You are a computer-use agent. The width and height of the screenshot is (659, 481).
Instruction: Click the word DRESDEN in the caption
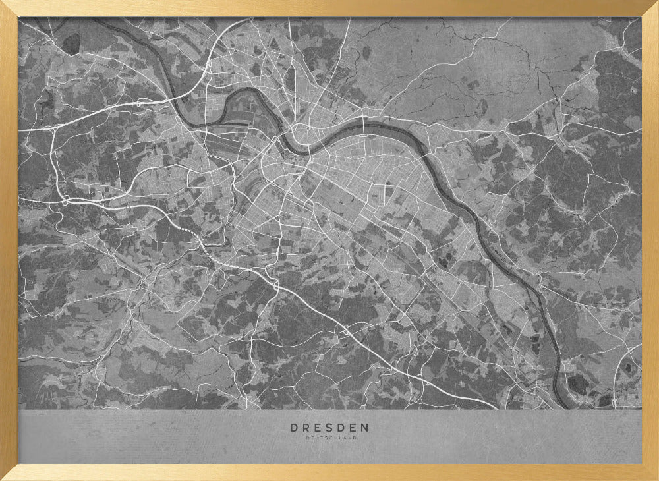pyautogui.click(x=329, y=428)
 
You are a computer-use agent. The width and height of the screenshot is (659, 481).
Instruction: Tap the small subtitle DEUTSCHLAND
pyautogui.click(x=329, y=438)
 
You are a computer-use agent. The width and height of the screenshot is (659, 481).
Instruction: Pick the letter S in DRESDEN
pyautogui.click(x=329, y=428)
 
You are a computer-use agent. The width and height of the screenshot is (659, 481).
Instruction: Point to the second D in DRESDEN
pyautogui.click(x=341, y=428)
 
